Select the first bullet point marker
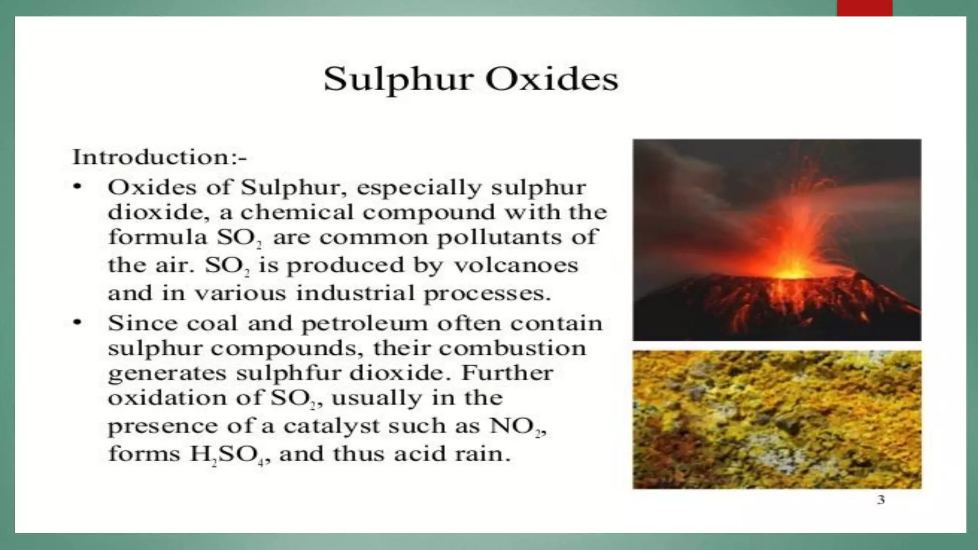click(x=77, y=187)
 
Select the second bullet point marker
click(x=77, y=323)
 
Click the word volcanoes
click(x=516, y=265)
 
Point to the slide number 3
click(x=881, y=500)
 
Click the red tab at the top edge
click(x=864, y=8)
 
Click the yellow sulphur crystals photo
click(x=777, y=419)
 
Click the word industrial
click(x=356, y=293)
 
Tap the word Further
click(x=507, y=373)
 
